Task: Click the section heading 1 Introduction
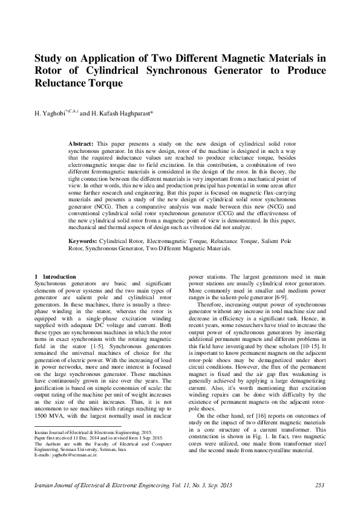(56, 276)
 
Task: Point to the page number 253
(320, 485)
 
